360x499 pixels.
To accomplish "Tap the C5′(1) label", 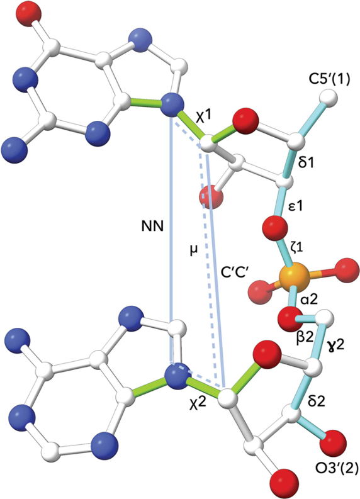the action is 329,79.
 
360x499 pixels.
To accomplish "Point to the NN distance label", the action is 152,227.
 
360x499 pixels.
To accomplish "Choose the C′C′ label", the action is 235,272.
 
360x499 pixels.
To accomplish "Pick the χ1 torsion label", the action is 204,118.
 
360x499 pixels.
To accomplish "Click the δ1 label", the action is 307,163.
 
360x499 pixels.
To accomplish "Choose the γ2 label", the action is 336,344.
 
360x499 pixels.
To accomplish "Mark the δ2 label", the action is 317,401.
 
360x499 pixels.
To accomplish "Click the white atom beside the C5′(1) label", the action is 329,97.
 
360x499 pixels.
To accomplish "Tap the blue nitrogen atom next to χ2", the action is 176,376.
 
